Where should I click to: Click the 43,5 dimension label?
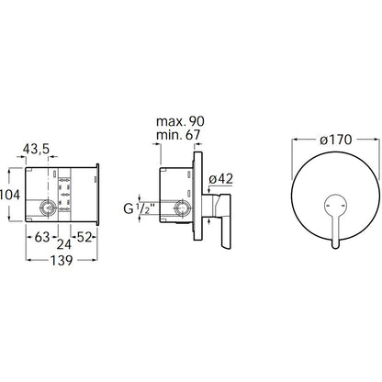pos(36,149)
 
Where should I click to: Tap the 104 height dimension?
pos(10,195)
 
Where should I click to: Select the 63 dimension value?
pos(42,237)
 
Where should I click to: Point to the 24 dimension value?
pos(64,244)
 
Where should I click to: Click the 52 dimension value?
pos(84,237)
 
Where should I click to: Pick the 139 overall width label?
pos(62,261)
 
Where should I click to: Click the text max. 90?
pos(180,121)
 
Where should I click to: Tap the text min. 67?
pos(178,135)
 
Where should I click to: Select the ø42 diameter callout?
pos(220,179)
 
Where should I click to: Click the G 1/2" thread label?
pos(139,208)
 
